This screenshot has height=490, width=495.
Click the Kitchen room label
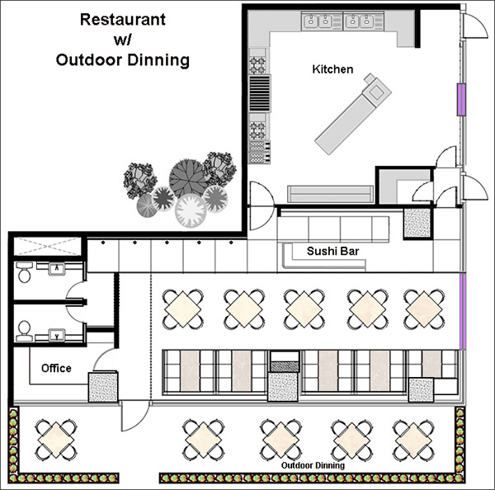coord(332,69)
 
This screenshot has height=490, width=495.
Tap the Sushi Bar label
coord(332,251)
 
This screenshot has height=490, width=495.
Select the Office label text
coord(56,368)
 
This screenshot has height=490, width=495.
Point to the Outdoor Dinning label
coord(313,465)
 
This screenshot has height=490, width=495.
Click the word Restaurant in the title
coord(123,20)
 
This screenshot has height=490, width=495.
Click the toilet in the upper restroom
coord(24,272)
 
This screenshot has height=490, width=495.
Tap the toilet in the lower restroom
coord(24,331)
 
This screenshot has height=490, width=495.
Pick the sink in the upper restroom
coord(57,269)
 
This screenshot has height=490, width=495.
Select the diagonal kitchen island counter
coord(353,114)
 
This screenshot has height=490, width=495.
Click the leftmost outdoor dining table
coord(56,440)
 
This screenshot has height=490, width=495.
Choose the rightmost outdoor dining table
coord(414,441)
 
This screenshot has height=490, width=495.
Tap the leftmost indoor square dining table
coord(183,309)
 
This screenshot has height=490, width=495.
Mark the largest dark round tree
coord(188,177)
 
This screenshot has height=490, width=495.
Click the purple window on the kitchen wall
coord(461,100)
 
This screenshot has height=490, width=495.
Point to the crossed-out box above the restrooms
coord(48,247)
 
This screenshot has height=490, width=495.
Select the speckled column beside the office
coord(103,387)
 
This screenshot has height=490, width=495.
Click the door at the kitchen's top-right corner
coord(475,26)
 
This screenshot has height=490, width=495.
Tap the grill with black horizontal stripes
coord(260,93)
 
